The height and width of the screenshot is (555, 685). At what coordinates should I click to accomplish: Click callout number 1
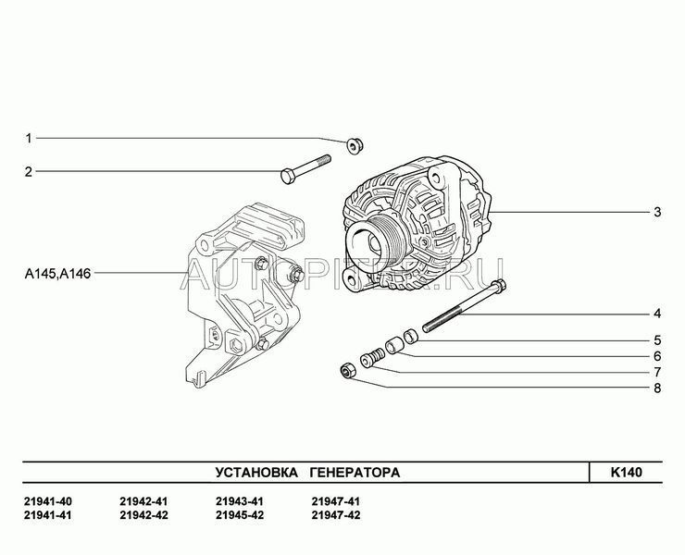(x=29, y=139)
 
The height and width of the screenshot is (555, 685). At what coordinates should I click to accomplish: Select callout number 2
(x=29, y=172)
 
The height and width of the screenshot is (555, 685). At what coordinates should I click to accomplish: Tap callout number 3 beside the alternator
(x=657, y=212)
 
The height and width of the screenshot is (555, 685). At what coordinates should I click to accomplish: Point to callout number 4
(x=657, y=314)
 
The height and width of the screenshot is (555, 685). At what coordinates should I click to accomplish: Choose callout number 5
(x=657, y=340)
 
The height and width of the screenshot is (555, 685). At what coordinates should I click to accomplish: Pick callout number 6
(x=657, y=356)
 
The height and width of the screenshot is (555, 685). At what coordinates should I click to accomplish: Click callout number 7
(x=657, y=372)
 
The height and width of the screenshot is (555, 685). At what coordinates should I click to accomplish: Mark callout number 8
(x=657, y=388)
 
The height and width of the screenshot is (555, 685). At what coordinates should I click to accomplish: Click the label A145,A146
(x=57, y=274)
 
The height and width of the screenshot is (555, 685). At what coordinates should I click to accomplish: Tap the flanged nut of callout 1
(x=354, y=146)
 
